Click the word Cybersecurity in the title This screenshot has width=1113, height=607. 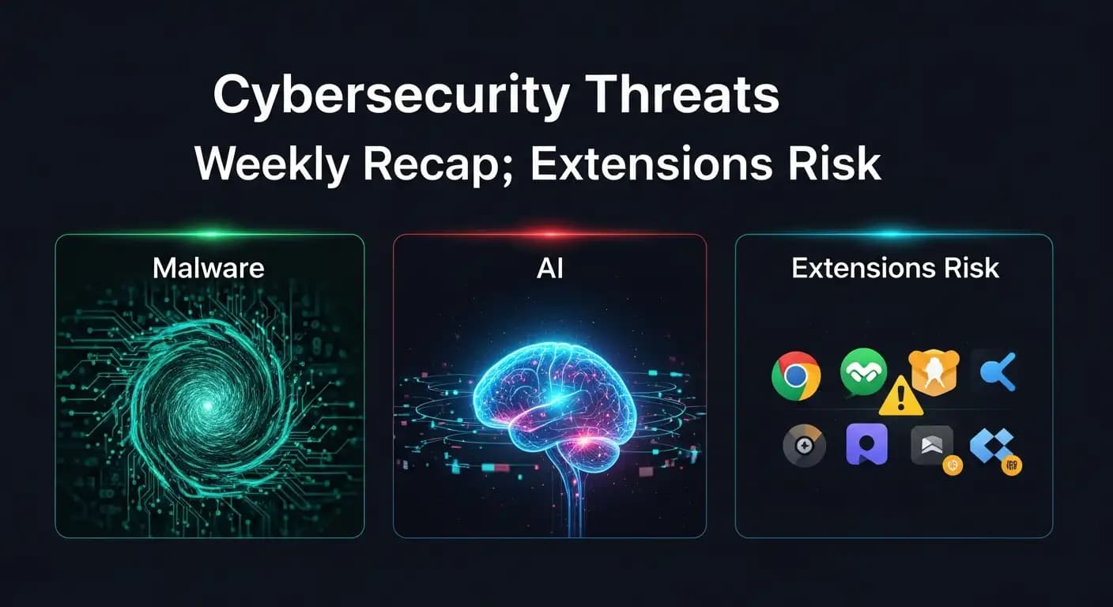[391, 96]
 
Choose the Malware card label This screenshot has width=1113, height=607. [208, 268]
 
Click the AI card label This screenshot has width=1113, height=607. [550, 269]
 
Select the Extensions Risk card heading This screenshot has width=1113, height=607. [895, 268]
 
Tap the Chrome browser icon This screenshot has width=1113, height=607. [795, 375]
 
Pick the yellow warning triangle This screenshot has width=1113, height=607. [901, 397]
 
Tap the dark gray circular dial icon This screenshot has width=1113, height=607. [804, 446]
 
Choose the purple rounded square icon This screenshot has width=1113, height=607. [866, 444]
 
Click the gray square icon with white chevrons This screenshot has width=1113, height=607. [932, 445]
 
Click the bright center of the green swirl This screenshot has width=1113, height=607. [207, 406]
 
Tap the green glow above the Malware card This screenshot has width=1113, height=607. [211, 234]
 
